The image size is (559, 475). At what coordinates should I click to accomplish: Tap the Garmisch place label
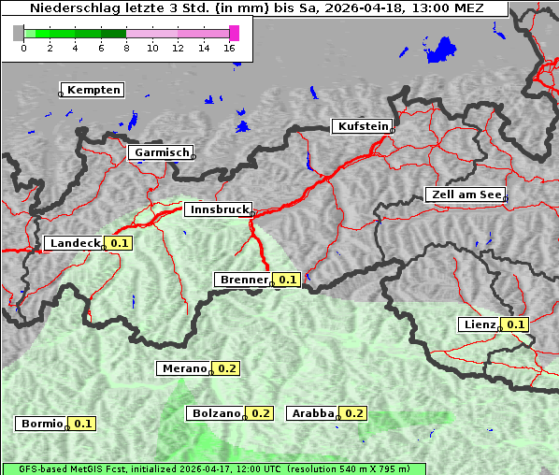coord(162,152)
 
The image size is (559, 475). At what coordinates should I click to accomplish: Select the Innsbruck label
coord(218,210)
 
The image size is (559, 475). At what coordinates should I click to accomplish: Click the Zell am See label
coord(466,194)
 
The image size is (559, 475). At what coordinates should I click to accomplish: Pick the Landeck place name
coord(74,243)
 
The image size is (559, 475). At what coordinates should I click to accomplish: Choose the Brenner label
coord(242,280)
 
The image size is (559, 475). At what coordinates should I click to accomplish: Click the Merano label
coord(183,368)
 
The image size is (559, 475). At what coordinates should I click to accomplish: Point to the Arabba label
coord(312,413)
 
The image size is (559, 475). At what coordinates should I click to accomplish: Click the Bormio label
coord(42,424)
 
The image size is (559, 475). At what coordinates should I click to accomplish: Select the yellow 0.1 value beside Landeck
coord(120,243)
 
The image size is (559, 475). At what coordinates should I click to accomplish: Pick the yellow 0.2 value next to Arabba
coord(354,413)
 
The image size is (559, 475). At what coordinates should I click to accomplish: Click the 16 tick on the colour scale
coord(230,48)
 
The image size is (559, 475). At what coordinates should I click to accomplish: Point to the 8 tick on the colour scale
coord(126,48)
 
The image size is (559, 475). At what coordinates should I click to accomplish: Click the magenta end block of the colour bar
coord(234,33)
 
